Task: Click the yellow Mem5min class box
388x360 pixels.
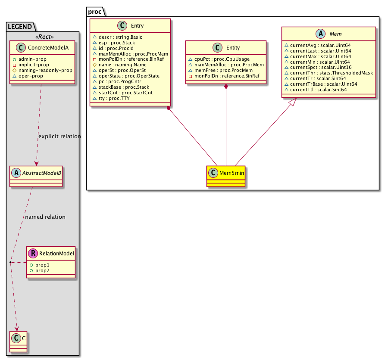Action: pyautogui.click(x=226, y=176)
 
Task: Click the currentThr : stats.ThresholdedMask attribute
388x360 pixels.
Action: pyautogui.click(x=331, y=73)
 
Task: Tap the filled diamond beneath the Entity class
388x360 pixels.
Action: pyautogui.click(x=226, y=87)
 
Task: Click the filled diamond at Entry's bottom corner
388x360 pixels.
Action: pyautogui.click(x=169, y=108)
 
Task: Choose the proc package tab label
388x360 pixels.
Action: pyautogui.click(x=94, y=12)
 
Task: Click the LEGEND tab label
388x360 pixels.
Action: pyautogui.click(x=20, y=27)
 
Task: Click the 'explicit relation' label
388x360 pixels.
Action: pyautogui.click(x=59, y=137)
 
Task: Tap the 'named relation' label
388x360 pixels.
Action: pyautogui.click(x=45, y=217)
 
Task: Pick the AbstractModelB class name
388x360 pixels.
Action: pyautogui.click(x=40, y=174)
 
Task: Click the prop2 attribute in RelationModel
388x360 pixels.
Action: pyautogui.click(x=42, y=270)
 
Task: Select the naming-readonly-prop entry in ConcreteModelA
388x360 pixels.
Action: pyautogui.click(x=48, y=70)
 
